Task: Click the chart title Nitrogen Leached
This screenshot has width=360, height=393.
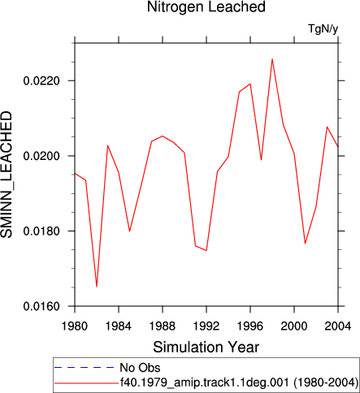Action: pos(206,6)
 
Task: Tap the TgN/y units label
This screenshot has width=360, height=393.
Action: pos(323,28)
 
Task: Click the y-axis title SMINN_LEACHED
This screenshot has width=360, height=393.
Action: pos(7,175)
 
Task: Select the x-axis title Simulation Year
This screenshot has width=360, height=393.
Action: pos(206,348)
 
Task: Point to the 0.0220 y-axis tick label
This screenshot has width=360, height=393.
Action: pos(41,80)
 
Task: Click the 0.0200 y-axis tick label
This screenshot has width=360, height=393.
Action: pos(41,156)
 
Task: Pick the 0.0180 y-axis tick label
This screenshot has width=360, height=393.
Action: pos(41,231)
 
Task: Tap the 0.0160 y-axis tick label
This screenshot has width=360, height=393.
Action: pos(41,306)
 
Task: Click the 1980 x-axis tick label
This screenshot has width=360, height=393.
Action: pos(75,326)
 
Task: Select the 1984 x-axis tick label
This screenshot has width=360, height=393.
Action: pos(119,326)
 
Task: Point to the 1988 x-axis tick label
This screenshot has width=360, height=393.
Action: pos(163,326)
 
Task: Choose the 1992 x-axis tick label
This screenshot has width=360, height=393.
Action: pos(206,326)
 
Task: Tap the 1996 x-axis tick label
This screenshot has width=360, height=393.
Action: pos(250,326)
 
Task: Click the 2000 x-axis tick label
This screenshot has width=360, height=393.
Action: pos(294,326)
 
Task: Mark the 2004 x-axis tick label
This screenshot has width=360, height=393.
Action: pos(338,326)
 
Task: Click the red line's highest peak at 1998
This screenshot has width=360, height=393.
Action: pos(272,59)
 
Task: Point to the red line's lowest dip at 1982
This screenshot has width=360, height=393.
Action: pos(97,287)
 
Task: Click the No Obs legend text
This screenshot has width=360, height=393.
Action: pos(140,368)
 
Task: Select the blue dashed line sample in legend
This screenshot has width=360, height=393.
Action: pos(85,367)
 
